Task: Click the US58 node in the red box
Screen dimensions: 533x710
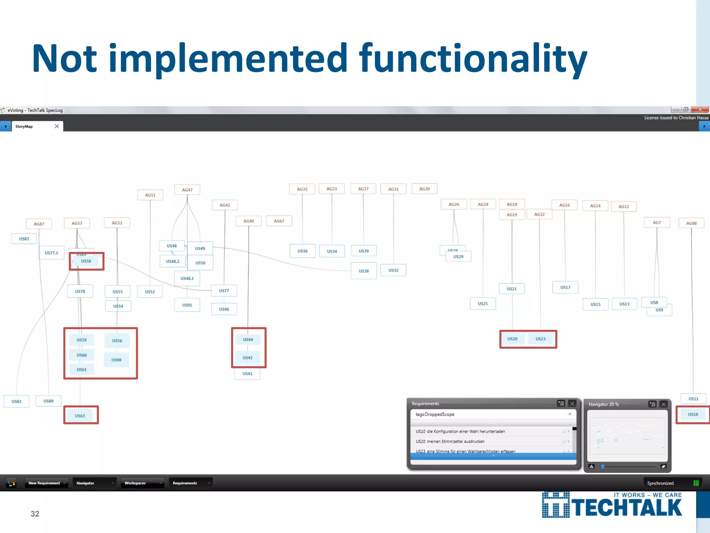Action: coord(86,261)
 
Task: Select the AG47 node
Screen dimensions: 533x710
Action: coord(187,190)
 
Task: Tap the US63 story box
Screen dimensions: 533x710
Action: coord(80,416)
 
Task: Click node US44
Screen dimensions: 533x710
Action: coord(248,340)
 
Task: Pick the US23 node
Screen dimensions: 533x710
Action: coord(540,339)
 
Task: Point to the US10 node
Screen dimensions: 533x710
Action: coord(693,414)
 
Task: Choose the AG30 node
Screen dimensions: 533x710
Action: coord(424,189)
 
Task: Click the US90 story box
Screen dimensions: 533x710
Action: coord(116,360)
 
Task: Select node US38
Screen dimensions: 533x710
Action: coord(364,271)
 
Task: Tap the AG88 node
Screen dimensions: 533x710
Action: coord(691,223)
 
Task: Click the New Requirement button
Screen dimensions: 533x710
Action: coord(44,483)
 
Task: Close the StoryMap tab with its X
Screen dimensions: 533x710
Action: coord(57,126)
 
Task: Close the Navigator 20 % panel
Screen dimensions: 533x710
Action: coord(664,404)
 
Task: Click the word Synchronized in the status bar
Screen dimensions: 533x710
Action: coord(660,483)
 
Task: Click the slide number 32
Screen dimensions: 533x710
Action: coord(35,514)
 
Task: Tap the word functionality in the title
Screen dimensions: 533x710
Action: coord(473,58)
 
